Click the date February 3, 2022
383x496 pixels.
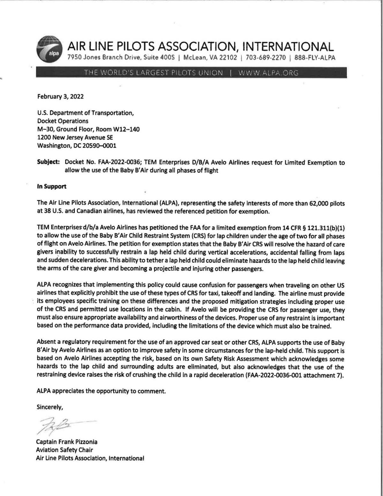coord(60,97)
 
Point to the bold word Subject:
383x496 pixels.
coord(49,162)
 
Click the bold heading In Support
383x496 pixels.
coord(52,187)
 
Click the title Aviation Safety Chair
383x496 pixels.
coord(65,450)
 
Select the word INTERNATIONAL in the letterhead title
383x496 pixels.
coord(289,47)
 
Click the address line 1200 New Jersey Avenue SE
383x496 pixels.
coord(75,138)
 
